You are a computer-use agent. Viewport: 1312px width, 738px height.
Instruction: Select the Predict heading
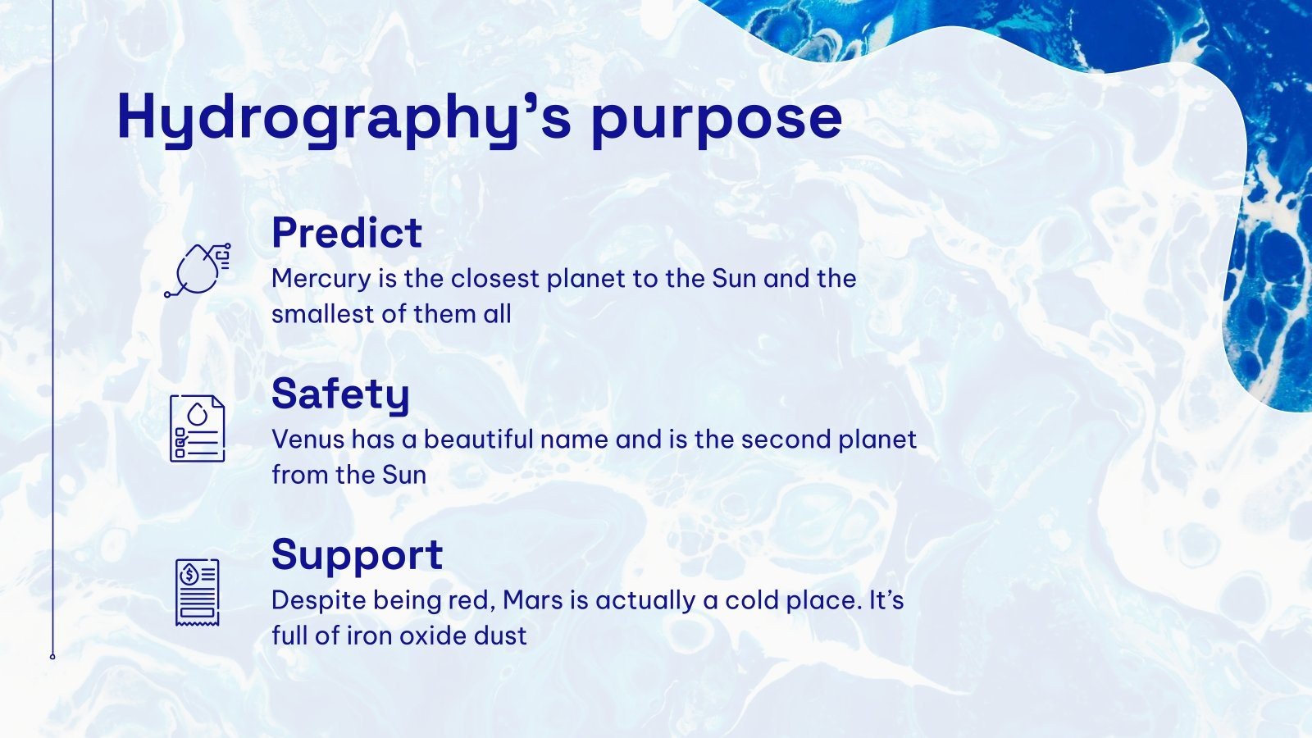pyautogui.click(x=346, y=233)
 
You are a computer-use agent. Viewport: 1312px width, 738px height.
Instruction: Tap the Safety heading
pyautogui.click(x=340, y=394)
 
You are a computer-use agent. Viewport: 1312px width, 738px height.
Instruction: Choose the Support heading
pyautogui.click(x=357, y=555)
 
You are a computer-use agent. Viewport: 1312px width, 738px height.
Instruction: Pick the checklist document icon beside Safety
pyautogui.click(x=197, y=428)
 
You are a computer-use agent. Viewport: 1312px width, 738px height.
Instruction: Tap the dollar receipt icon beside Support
pyautogui.click(x=197, y=592)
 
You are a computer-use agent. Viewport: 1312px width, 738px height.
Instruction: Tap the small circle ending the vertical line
pyautogui.click(x=52, y=657)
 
